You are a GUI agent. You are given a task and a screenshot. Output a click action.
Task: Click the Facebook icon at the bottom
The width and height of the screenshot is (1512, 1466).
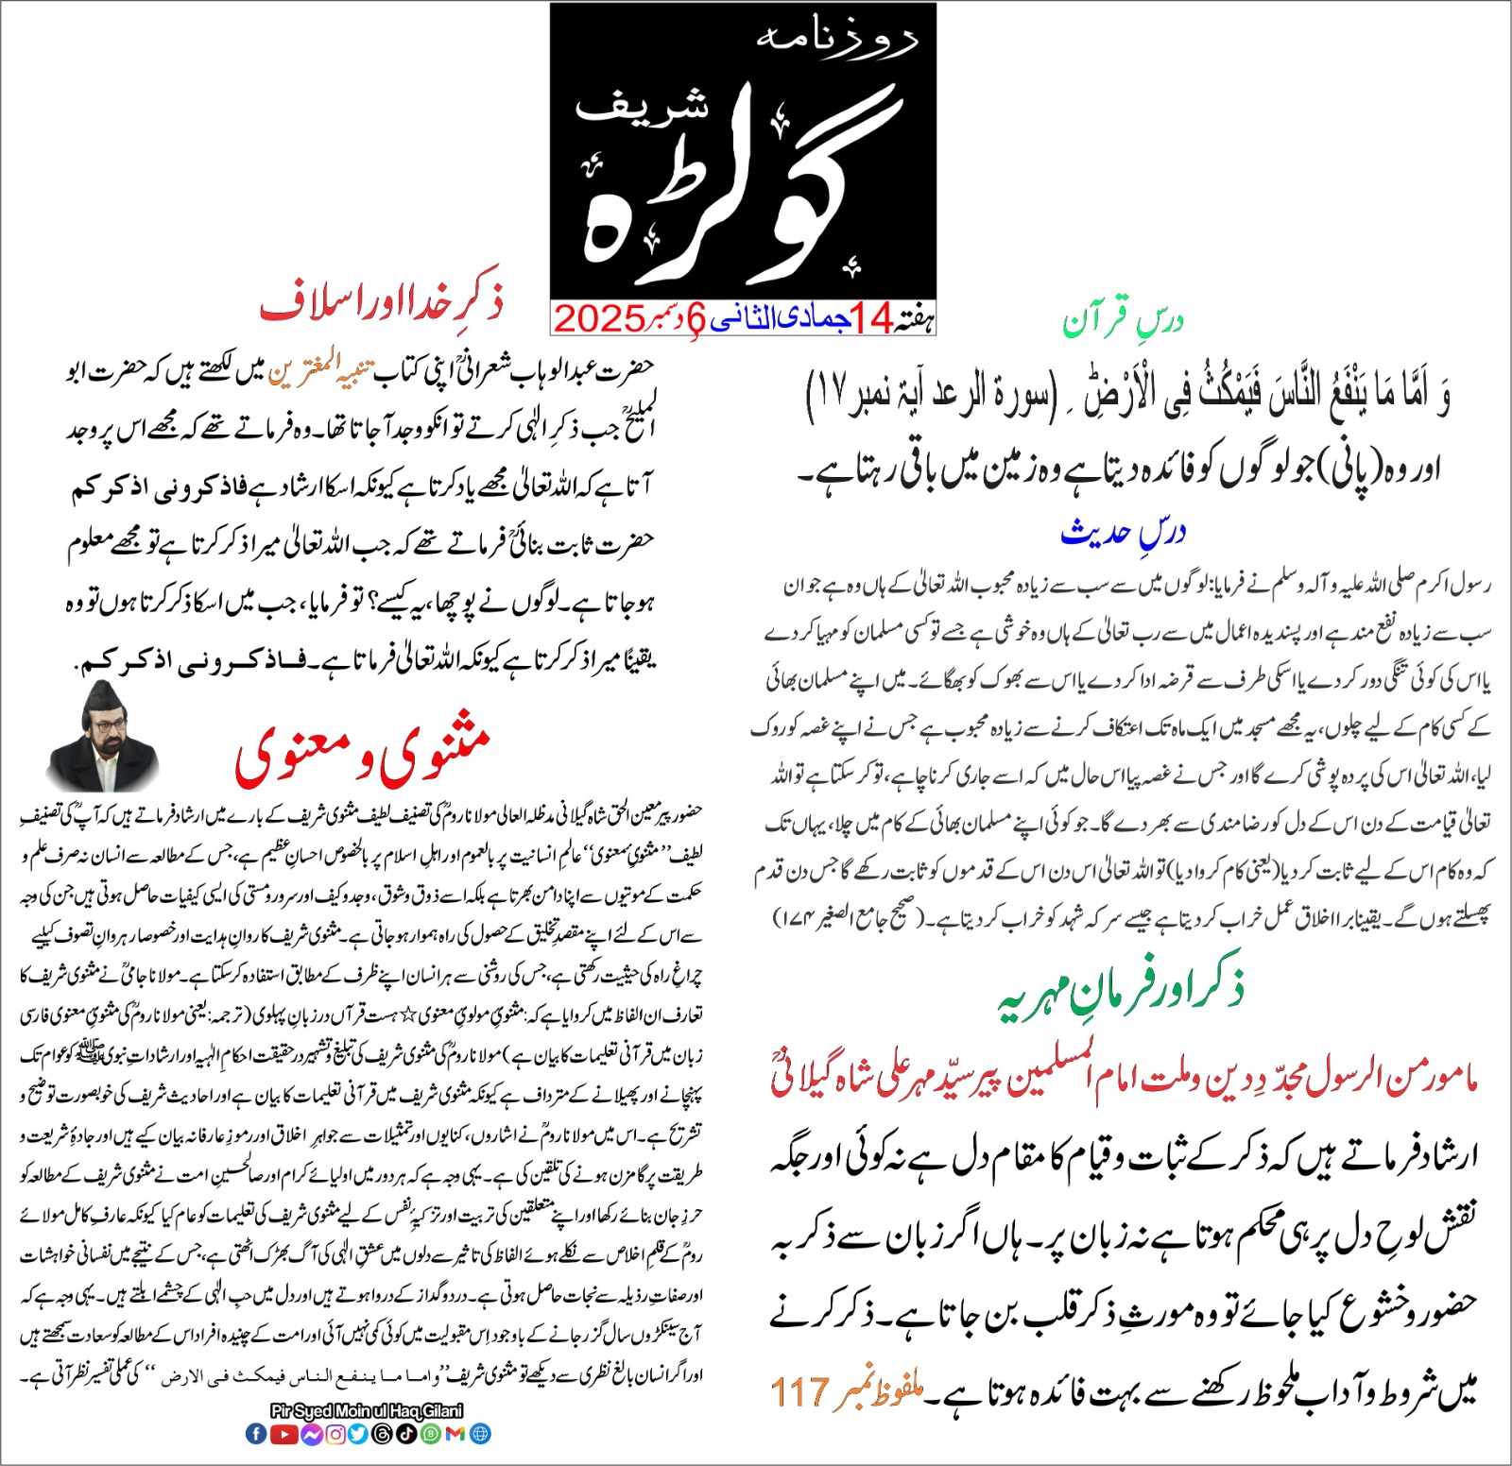[x=256, y=1433]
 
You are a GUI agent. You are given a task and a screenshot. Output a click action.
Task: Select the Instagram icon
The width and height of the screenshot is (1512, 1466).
[x=335, y=1433]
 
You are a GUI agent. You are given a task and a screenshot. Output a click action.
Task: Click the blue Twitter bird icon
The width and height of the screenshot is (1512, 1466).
[x=358, y=1433]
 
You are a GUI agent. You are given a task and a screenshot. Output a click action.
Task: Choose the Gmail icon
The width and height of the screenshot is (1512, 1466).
[x=455, y=1433]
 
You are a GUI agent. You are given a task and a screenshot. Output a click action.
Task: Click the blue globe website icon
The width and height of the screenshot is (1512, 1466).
[x=480, y=1433]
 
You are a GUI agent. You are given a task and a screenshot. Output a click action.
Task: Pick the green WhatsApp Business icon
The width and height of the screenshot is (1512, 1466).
[x=431, y=1433]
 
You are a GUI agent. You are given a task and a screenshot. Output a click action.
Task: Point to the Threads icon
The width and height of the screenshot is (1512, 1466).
[x=383, y=1433]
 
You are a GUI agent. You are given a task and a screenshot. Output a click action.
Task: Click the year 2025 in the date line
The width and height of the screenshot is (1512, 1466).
[x=599, y=319]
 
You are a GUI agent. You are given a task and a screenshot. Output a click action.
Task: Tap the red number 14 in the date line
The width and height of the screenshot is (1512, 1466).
[x=870, y=319]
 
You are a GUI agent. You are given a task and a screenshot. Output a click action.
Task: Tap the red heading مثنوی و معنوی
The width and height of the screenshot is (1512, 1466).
[x=363, y=754]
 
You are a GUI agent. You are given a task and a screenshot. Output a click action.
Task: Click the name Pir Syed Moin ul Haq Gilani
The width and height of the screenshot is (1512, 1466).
[x=367, y=1411]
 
